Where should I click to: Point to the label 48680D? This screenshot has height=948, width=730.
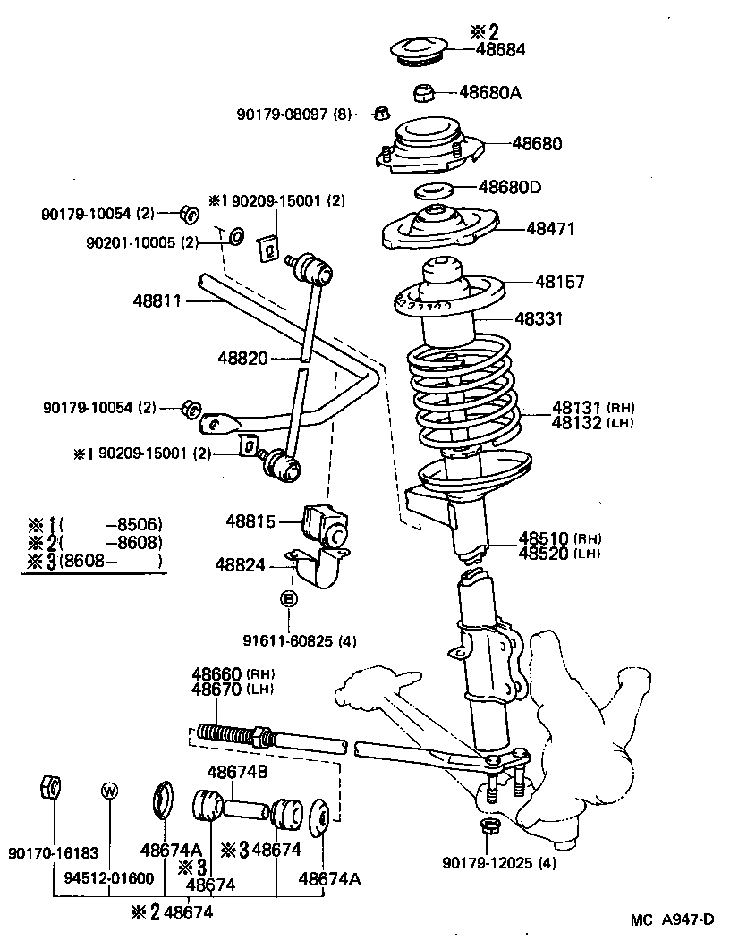[510, 187]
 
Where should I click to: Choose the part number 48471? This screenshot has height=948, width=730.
[550, 229]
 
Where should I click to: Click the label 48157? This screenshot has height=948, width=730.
[560, 282]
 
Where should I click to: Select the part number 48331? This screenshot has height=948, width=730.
[539, 318]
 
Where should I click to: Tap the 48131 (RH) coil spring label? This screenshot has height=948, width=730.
[578, 405]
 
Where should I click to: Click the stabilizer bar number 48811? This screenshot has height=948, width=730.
[157, 302]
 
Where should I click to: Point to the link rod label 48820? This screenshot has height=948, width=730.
[242, 358]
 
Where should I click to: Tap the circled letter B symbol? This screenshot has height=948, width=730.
[289, 599]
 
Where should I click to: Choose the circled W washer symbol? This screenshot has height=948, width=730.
[109, 791]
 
